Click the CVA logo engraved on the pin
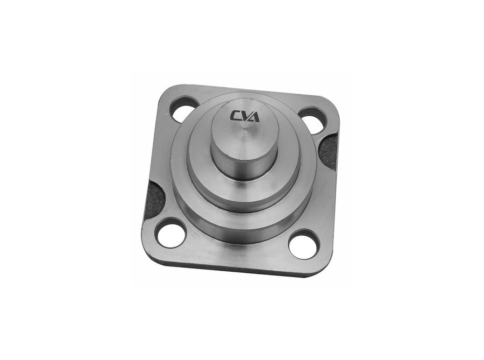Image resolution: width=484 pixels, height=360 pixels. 245,116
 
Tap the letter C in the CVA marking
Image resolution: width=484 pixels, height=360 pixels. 235,116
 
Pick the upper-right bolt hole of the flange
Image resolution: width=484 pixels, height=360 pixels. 314,121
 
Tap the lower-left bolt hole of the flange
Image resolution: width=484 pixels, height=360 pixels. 170,234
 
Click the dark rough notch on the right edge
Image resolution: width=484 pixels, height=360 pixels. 328,152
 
